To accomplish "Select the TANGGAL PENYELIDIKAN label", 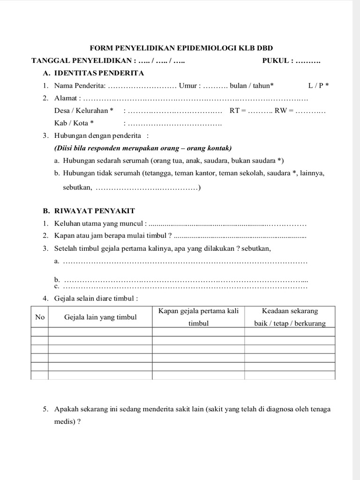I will (x=82, y=61).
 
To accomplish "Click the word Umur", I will (x=189, y=86).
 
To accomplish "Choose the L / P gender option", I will (x=318, y=86).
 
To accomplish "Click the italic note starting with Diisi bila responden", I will (x=143, y=149).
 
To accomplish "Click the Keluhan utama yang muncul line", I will (x=101, y=223).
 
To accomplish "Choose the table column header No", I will (x=40, y=317).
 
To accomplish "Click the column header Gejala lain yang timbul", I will (x=100, y=317).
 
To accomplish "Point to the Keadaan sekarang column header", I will (x=290, y=311).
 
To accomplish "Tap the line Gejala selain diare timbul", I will (x=96, y=298).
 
